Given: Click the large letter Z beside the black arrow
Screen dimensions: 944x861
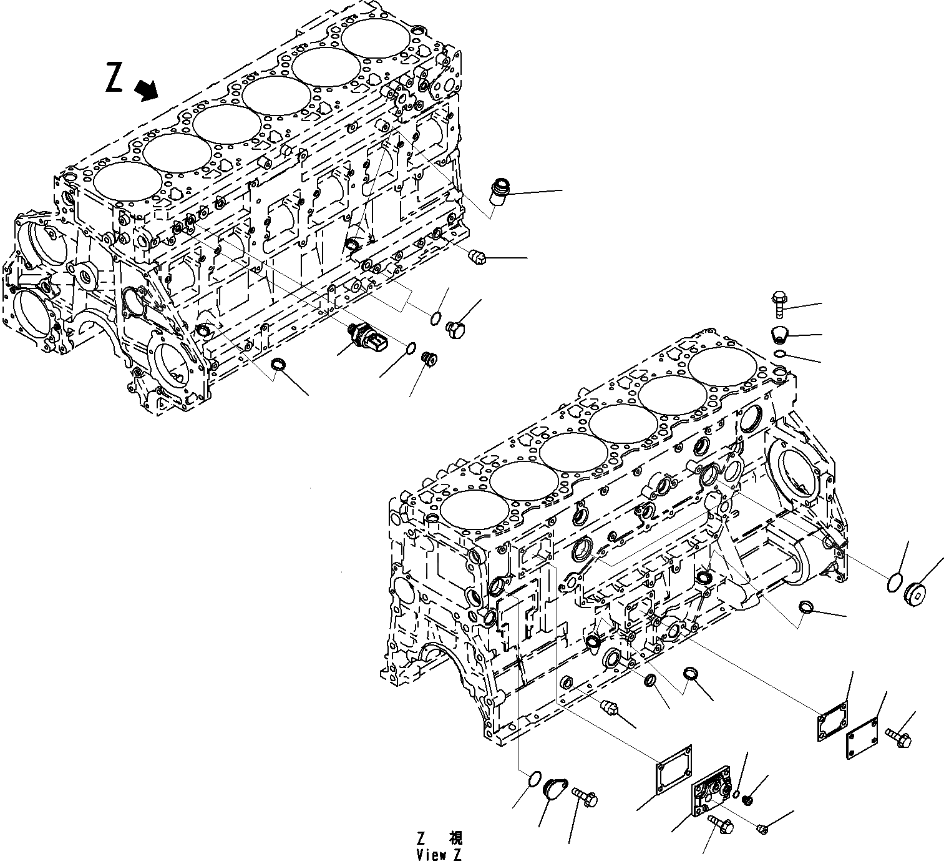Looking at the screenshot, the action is pyautogui.click(x=114, y=77).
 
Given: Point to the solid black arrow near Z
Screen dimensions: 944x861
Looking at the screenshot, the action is pyautogui.click(x=147, y=91).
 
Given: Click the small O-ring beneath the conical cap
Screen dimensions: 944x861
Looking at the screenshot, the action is pyautogui.click(x=779, y=354).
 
